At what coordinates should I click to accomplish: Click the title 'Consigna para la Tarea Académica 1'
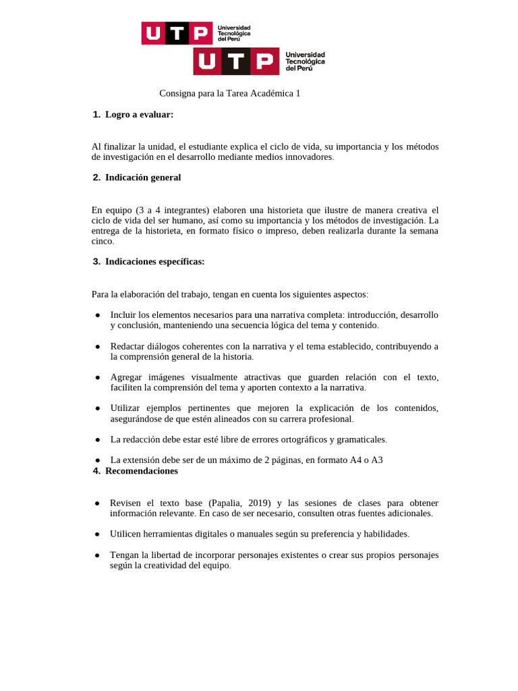click(229, 93)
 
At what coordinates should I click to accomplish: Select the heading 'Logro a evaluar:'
click(139, 115)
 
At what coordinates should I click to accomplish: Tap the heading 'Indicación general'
click(143, 177)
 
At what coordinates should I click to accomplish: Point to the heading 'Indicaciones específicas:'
click(154, 261)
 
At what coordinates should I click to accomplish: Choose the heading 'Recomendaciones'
click(142, 471)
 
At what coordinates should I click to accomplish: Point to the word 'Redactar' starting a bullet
click(129, 346)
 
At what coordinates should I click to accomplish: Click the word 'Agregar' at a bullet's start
click(127, 377)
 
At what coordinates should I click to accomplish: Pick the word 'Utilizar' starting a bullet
click(127, 408)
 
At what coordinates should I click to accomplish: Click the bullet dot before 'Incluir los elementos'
click(98, 315)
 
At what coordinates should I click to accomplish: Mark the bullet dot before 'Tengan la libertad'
click(98, 555)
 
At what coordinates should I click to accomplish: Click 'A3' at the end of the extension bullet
click(377, 460)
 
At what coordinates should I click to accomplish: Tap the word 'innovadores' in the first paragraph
click(310, 157)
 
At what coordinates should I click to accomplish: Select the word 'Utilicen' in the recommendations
click(127, 534)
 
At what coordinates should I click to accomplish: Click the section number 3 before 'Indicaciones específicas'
click(96, 261)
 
